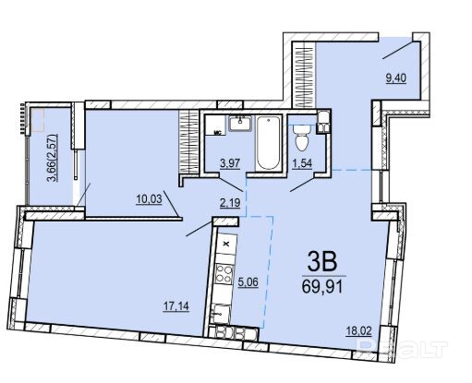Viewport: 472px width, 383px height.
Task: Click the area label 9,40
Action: point(395,78)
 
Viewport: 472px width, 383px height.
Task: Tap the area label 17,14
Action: point(176,306)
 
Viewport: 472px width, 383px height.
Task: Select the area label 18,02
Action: point(358,331)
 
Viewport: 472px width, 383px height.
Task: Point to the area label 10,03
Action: point(149,199)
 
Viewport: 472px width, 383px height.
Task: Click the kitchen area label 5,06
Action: point(248,281)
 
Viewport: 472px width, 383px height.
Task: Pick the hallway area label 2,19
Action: point(230,203)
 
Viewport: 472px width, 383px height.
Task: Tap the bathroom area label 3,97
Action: point(230,163)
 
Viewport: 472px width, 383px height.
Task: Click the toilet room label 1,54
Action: point(302,163)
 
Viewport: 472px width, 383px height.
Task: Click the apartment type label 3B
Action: point(322,262)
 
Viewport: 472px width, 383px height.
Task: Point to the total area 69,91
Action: point(322,287)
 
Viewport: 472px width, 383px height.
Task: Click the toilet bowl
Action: point(301,138)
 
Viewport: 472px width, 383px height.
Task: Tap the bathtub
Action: point(269,143)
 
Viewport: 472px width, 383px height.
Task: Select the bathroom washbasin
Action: point(240,123)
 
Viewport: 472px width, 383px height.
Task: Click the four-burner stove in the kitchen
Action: point(224,275)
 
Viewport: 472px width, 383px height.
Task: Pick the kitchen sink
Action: point(221,313)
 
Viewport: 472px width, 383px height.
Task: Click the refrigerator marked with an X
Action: point(226,245)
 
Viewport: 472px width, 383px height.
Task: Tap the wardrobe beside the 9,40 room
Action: point(304,75)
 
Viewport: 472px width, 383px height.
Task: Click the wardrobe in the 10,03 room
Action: point(188,142)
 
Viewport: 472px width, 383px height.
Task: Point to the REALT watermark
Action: point(402,349)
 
